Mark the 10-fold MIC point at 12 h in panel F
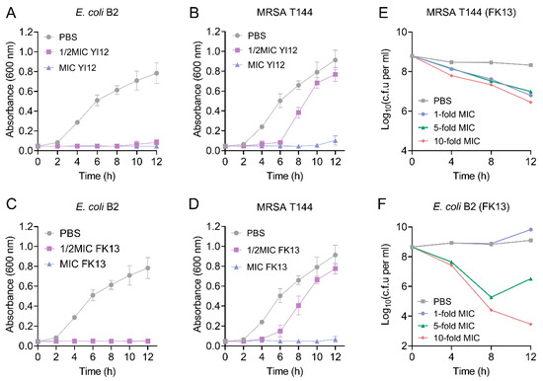point(530,324)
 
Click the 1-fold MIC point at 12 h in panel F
point(530,230)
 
